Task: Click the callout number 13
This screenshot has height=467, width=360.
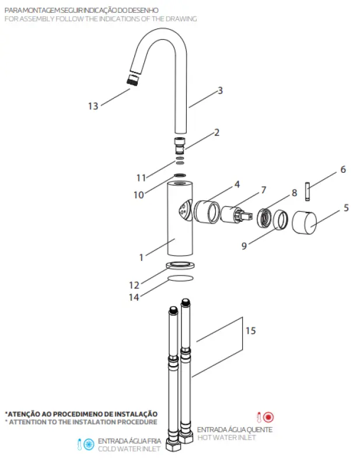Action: coord(93,106)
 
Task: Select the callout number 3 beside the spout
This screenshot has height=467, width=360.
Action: coord(220,90)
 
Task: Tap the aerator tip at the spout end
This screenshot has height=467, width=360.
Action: coord(134,80)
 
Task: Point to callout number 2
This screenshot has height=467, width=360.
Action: coord(216,133)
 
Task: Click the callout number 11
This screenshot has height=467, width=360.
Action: coord(140,177)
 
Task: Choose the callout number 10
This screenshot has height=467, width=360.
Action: coord(138,195)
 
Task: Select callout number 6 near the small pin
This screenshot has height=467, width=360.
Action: coord(342,170)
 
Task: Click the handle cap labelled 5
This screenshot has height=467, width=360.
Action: coord(303,222)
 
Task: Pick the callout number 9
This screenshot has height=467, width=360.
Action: coord(244,246)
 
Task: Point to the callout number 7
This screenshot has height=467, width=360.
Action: coord(263,190)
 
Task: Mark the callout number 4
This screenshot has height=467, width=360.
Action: coord(237,184)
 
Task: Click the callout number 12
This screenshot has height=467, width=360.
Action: coord(134,285)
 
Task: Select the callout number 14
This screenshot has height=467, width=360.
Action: coord(134,297)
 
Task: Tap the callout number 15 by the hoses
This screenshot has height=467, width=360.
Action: coord(250,331)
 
